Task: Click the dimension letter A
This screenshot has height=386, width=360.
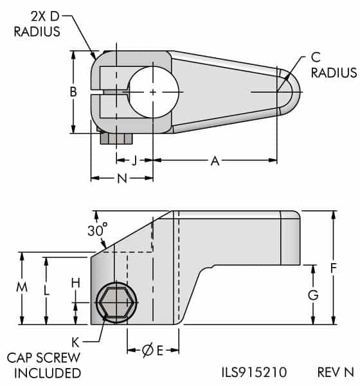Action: (215, 161)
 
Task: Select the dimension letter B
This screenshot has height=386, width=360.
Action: (74, 92)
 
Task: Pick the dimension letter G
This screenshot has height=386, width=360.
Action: (313, 295)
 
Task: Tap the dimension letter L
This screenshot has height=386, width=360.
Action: (46, 290)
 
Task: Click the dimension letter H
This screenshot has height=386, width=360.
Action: (75, 282)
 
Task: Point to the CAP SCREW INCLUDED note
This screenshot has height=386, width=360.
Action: (44, 365)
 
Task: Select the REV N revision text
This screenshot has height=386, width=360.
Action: (335, 372)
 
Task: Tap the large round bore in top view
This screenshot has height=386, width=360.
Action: (152, 93)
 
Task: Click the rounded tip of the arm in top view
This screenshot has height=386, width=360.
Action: (292, 91)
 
